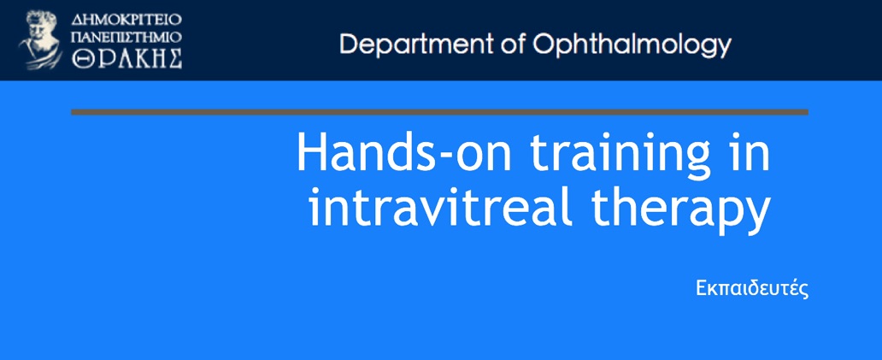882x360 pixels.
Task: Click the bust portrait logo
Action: coord(40,40)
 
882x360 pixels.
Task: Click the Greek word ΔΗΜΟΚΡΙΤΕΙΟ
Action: coord(126,21)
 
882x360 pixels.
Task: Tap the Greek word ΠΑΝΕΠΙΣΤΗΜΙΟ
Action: coord(126,38)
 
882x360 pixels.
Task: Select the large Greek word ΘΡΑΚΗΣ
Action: coord(126,59)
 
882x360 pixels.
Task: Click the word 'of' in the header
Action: coord(513,44)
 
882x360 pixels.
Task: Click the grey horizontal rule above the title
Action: coord(439,112)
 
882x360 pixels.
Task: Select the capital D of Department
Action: coord(349,44)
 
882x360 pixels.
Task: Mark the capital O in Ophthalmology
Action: coord(544,44)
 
